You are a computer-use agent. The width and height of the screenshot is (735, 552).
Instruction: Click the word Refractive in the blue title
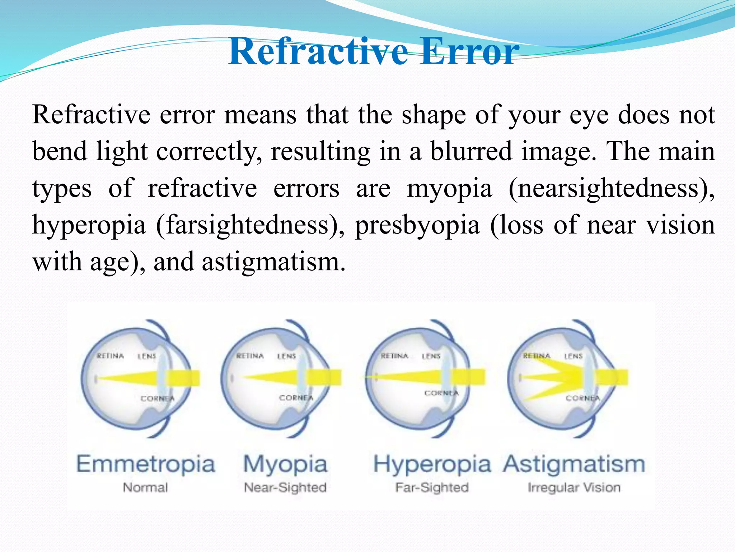coord(318,52)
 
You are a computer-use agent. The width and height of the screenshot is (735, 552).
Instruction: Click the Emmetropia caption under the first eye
coord(146,464)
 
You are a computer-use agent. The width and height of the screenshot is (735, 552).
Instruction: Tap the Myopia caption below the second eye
coord(285,465)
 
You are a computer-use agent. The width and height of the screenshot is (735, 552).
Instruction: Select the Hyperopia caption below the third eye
coord(432,465)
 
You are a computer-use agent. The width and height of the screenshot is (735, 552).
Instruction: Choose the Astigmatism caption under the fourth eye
coord(574,464)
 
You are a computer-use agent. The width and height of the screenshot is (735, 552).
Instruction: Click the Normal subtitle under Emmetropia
coord(145,488)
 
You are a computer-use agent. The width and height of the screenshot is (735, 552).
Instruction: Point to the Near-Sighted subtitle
coord(285,488)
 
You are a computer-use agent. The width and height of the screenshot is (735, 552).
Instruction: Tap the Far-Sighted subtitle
coord(432,488)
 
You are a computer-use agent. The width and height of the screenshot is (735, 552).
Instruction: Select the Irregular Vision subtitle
coord(574,488)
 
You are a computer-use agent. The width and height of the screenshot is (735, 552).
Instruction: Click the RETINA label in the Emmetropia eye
coord(110,356)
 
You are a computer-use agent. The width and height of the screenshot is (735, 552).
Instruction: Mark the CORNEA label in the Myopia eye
coord(296,398)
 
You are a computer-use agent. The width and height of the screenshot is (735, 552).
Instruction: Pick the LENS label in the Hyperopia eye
coord(431,356)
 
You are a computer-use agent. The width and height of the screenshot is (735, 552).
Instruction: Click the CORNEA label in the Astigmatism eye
coord(582,398)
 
